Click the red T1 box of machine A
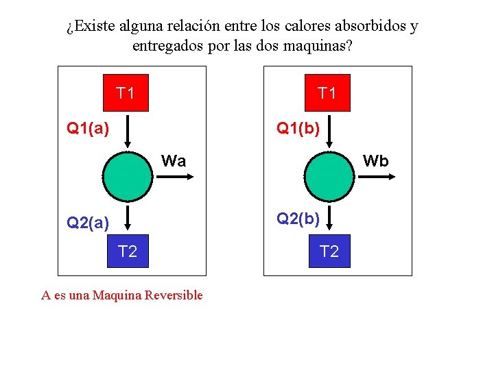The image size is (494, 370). [x=126, y=92]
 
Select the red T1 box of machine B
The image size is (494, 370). [x=327, y=92]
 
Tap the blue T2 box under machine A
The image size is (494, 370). [x=128, y=251]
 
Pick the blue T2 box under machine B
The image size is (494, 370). [x=329, y=251]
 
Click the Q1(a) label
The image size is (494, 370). [x=87, y=127]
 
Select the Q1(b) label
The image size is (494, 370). [x=298, y=127]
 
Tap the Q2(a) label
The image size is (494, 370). [x=87, y=222]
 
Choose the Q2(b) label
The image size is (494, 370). [x=298, y=219]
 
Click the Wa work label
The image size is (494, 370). [x=174, y=161]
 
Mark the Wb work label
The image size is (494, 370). [x=375, y=161]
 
